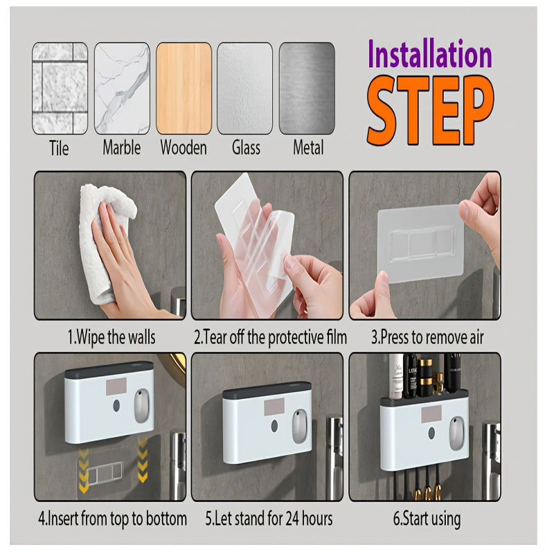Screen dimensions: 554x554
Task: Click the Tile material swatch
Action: tap(60, 88)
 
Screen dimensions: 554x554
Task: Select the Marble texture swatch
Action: tap(122, 88)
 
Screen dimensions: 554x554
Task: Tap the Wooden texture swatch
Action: tap(184, 88)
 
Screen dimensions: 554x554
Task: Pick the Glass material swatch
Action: tap(245, 88)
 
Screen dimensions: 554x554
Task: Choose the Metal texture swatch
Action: tap(307, 88)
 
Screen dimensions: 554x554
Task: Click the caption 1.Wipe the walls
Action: tap(111, 338)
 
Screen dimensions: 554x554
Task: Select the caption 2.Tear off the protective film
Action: tap(270, 338)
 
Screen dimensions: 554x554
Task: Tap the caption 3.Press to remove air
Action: tap(427, 338)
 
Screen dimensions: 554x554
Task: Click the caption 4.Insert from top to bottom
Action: tap(111, 518)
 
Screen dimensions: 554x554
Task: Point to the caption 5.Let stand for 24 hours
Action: tap(269, 518)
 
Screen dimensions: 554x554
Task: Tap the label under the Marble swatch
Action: tap(122, 148)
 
